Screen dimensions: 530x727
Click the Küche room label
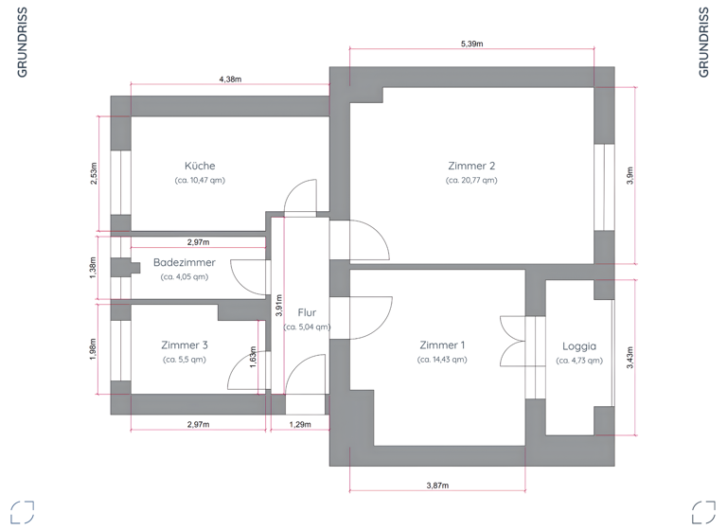[200, 165]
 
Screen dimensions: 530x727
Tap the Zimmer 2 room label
[471, 165]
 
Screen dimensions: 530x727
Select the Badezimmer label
[184, 262]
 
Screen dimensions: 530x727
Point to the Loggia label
[578, 345]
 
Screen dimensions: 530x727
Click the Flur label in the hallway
[307, 311]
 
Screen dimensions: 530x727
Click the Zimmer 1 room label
[442, 344]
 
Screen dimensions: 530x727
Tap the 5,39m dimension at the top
[471, 44]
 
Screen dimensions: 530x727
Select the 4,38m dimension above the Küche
[230, 80]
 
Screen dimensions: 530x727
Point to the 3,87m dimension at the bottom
[437, 486]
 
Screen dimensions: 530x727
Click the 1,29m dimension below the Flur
[299, 425]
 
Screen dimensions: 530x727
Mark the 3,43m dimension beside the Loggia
[629, 357]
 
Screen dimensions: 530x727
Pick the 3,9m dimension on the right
[629, 176]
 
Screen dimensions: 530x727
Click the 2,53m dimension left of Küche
[93, 174]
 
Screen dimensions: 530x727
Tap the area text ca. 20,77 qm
[471, 180]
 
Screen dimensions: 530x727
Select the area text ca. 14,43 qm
[442, 360]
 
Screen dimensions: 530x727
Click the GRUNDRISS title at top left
[22, 42]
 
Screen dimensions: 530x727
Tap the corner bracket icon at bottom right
[703, 511]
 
